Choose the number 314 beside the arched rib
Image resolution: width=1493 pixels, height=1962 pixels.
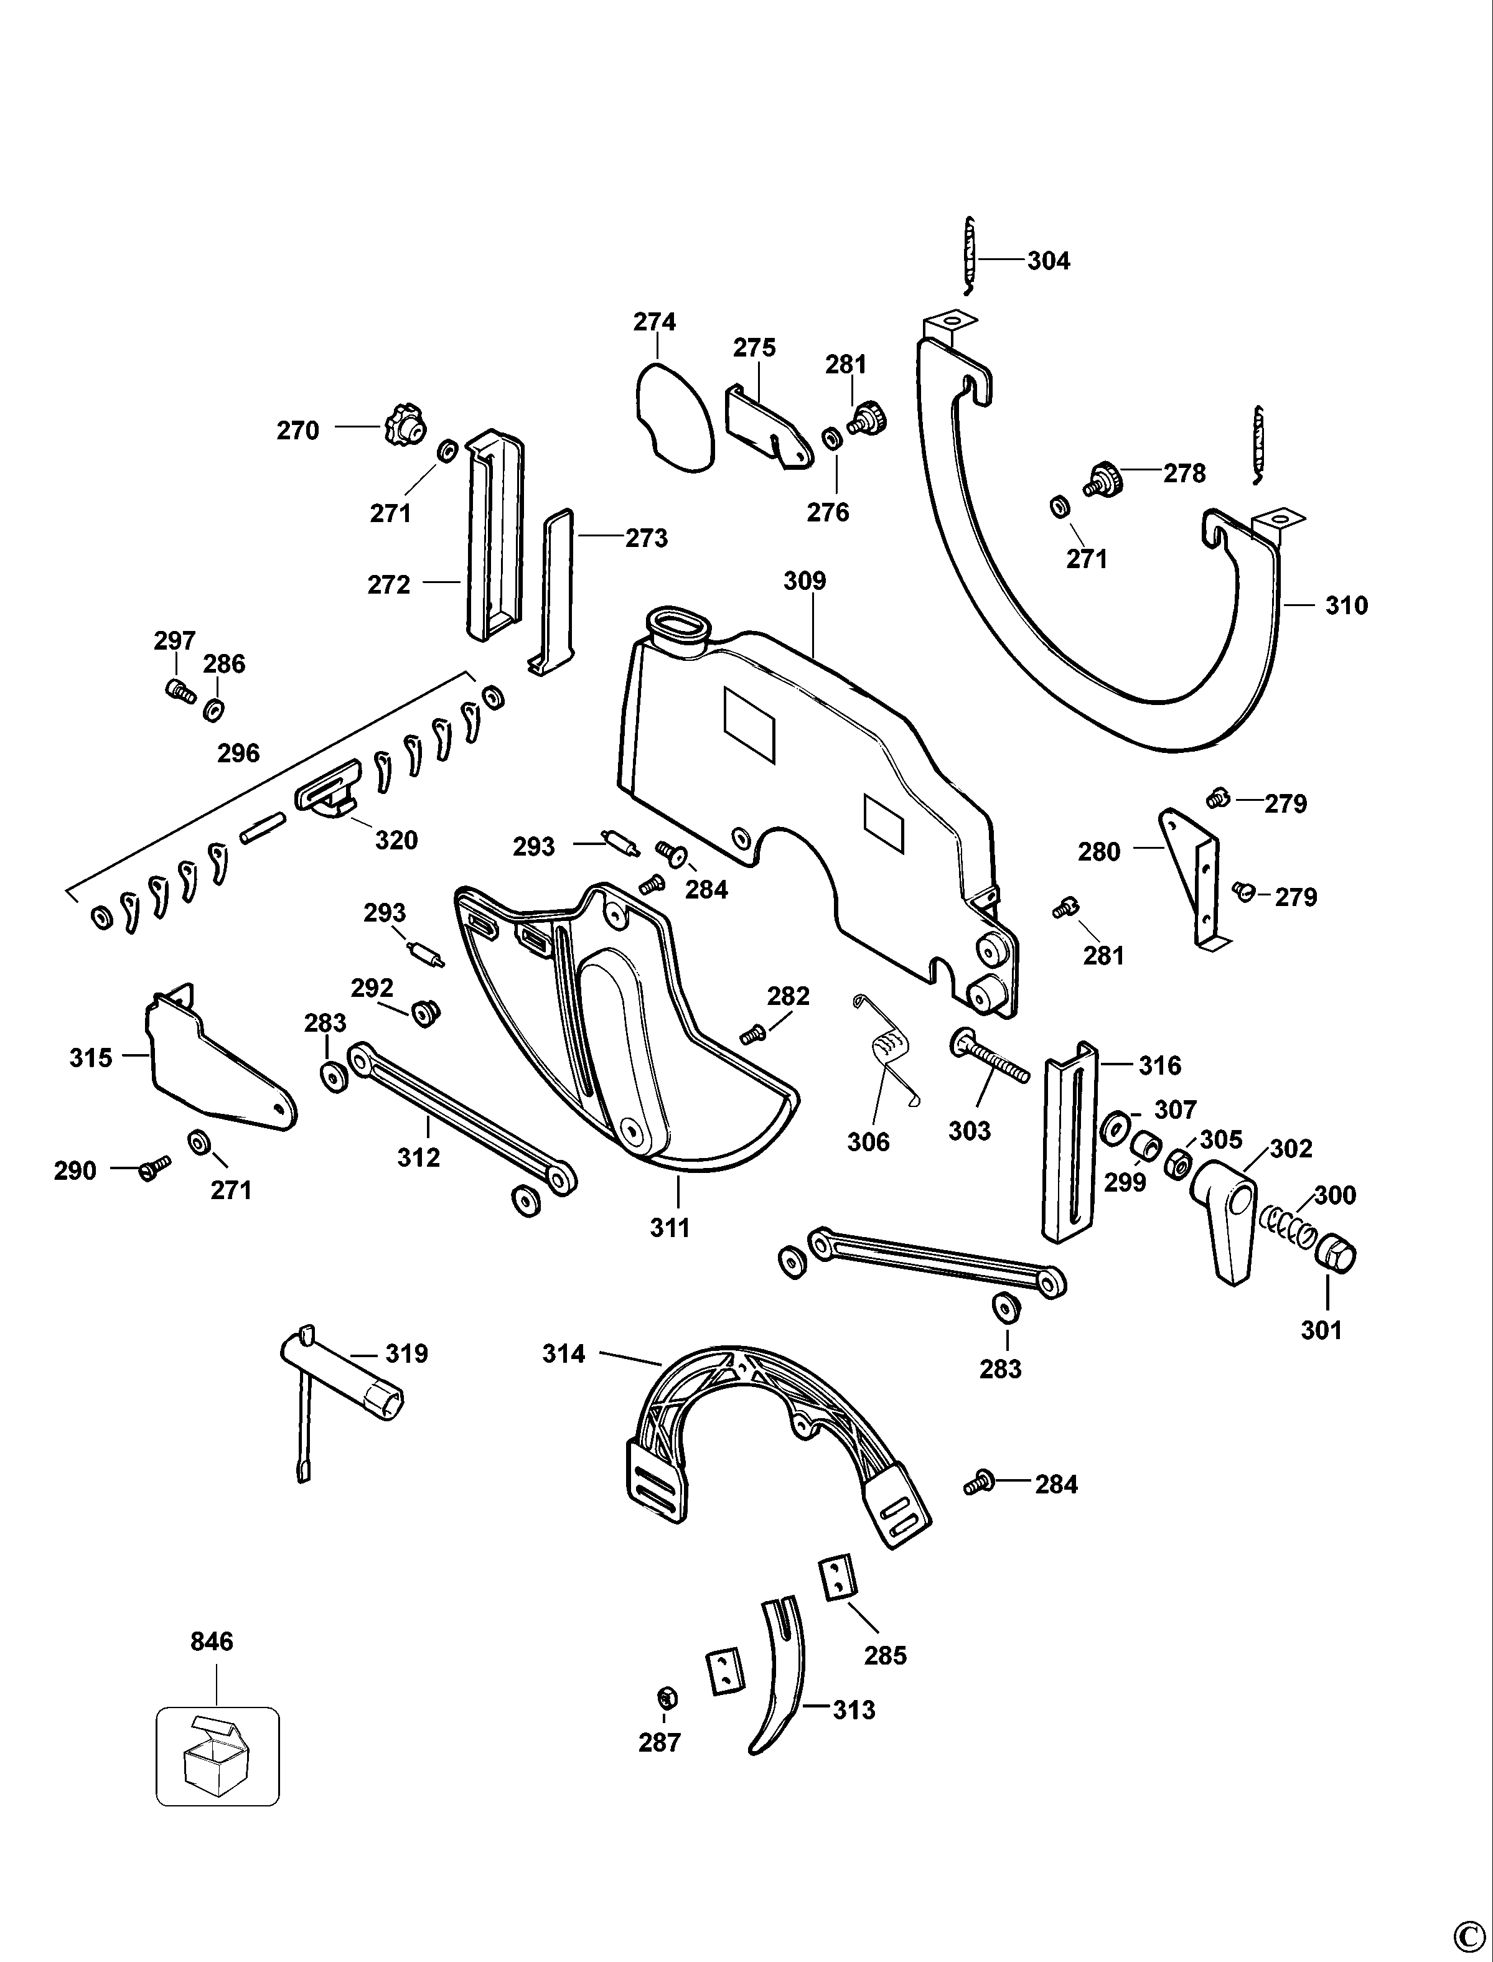click(564, 1353)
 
